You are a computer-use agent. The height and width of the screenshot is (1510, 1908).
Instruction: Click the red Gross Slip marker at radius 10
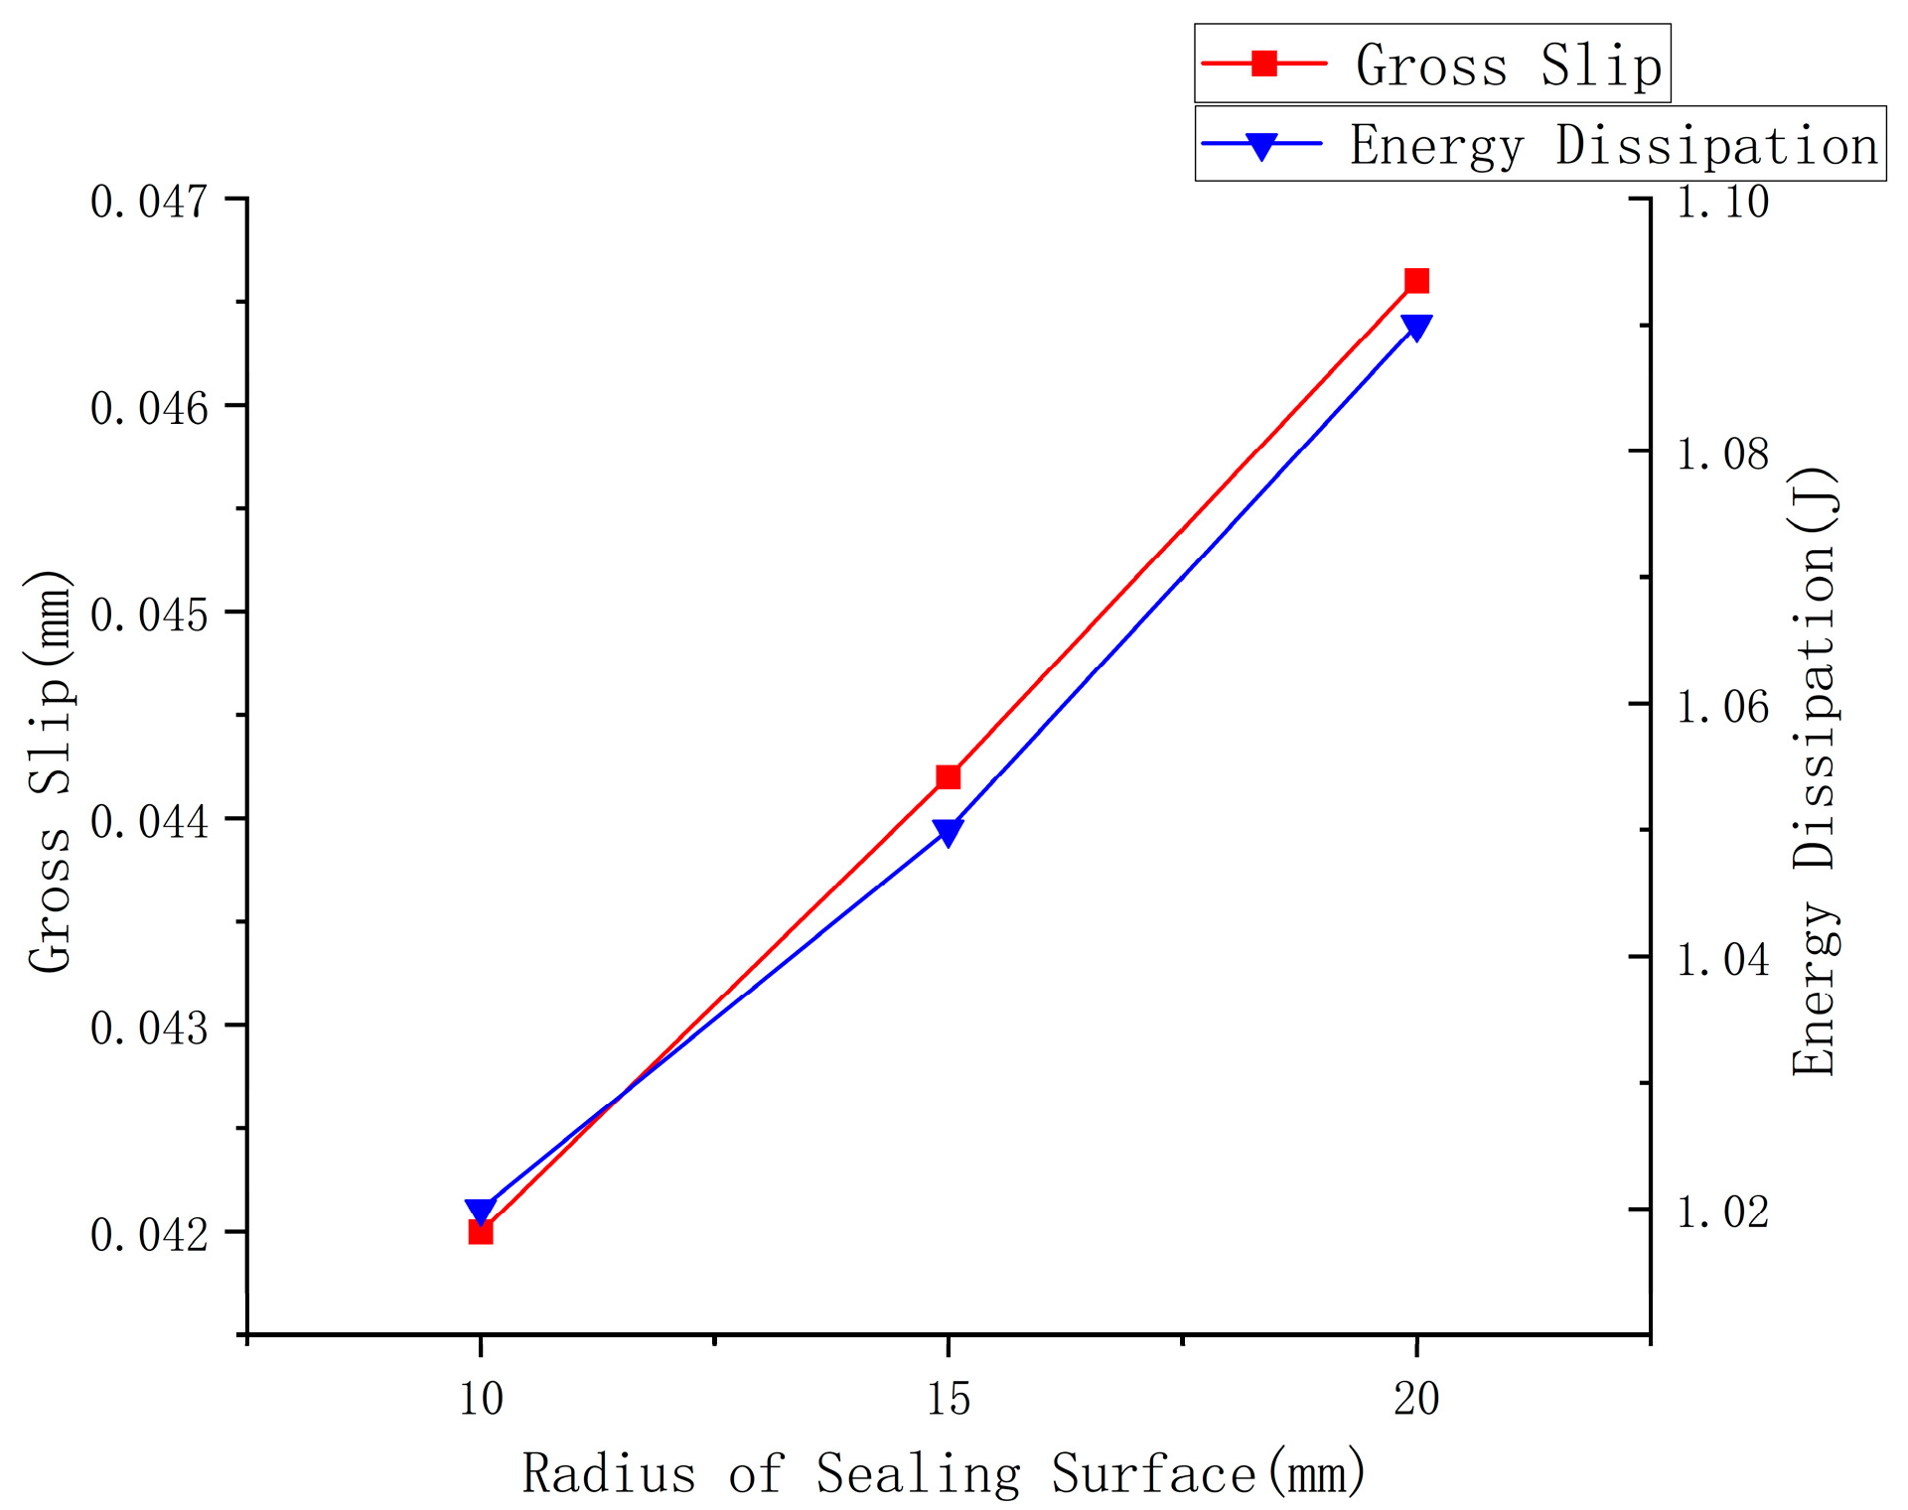[481, 1232]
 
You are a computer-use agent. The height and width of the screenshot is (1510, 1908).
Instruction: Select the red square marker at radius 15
[949, 776]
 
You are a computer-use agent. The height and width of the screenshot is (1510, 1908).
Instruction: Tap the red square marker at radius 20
[1416, 281]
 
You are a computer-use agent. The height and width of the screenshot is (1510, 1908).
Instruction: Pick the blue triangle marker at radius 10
[481, 1210]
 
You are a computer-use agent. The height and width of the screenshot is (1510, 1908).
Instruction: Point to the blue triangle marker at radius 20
[1416, 327]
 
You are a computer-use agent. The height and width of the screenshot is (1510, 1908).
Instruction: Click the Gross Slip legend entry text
[1508, 66]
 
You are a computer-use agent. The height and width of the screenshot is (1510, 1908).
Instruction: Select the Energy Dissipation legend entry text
[1613, 145]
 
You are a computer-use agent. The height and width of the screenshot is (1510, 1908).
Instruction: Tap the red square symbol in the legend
[1263, 64]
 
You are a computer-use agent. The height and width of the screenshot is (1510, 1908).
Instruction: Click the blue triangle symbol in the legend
[1261, 146]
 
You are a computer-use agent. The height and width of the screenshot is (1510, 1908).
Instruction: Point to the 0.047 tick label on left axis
[149, 202]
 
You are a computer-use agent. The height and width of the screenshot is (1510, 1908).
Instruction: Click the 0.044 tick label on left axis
[149, 821]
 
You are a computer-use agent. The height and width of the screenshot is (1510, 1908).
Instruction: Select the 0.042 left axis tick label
[149, 1234]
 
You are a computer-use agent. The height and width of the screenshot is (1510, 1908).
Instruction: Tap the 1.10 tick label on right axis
[1722, 202]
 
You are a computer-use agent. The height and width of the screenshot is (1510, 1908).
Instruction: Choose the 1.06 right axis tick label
[1722, 707]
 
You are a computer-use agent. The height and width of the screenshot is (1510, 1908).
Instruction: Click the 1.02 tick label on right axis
[1722, 1211]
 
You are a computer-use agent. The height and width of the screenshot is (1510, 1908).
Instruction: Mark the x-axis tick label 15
[949, 1399]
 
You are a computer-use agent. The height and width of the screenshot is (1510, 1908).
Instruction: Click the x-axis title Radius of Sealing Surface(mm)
[944, 1473]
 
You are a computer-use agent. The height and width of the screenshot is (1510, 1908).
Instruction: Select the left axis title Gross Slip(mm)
[50, 770]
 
